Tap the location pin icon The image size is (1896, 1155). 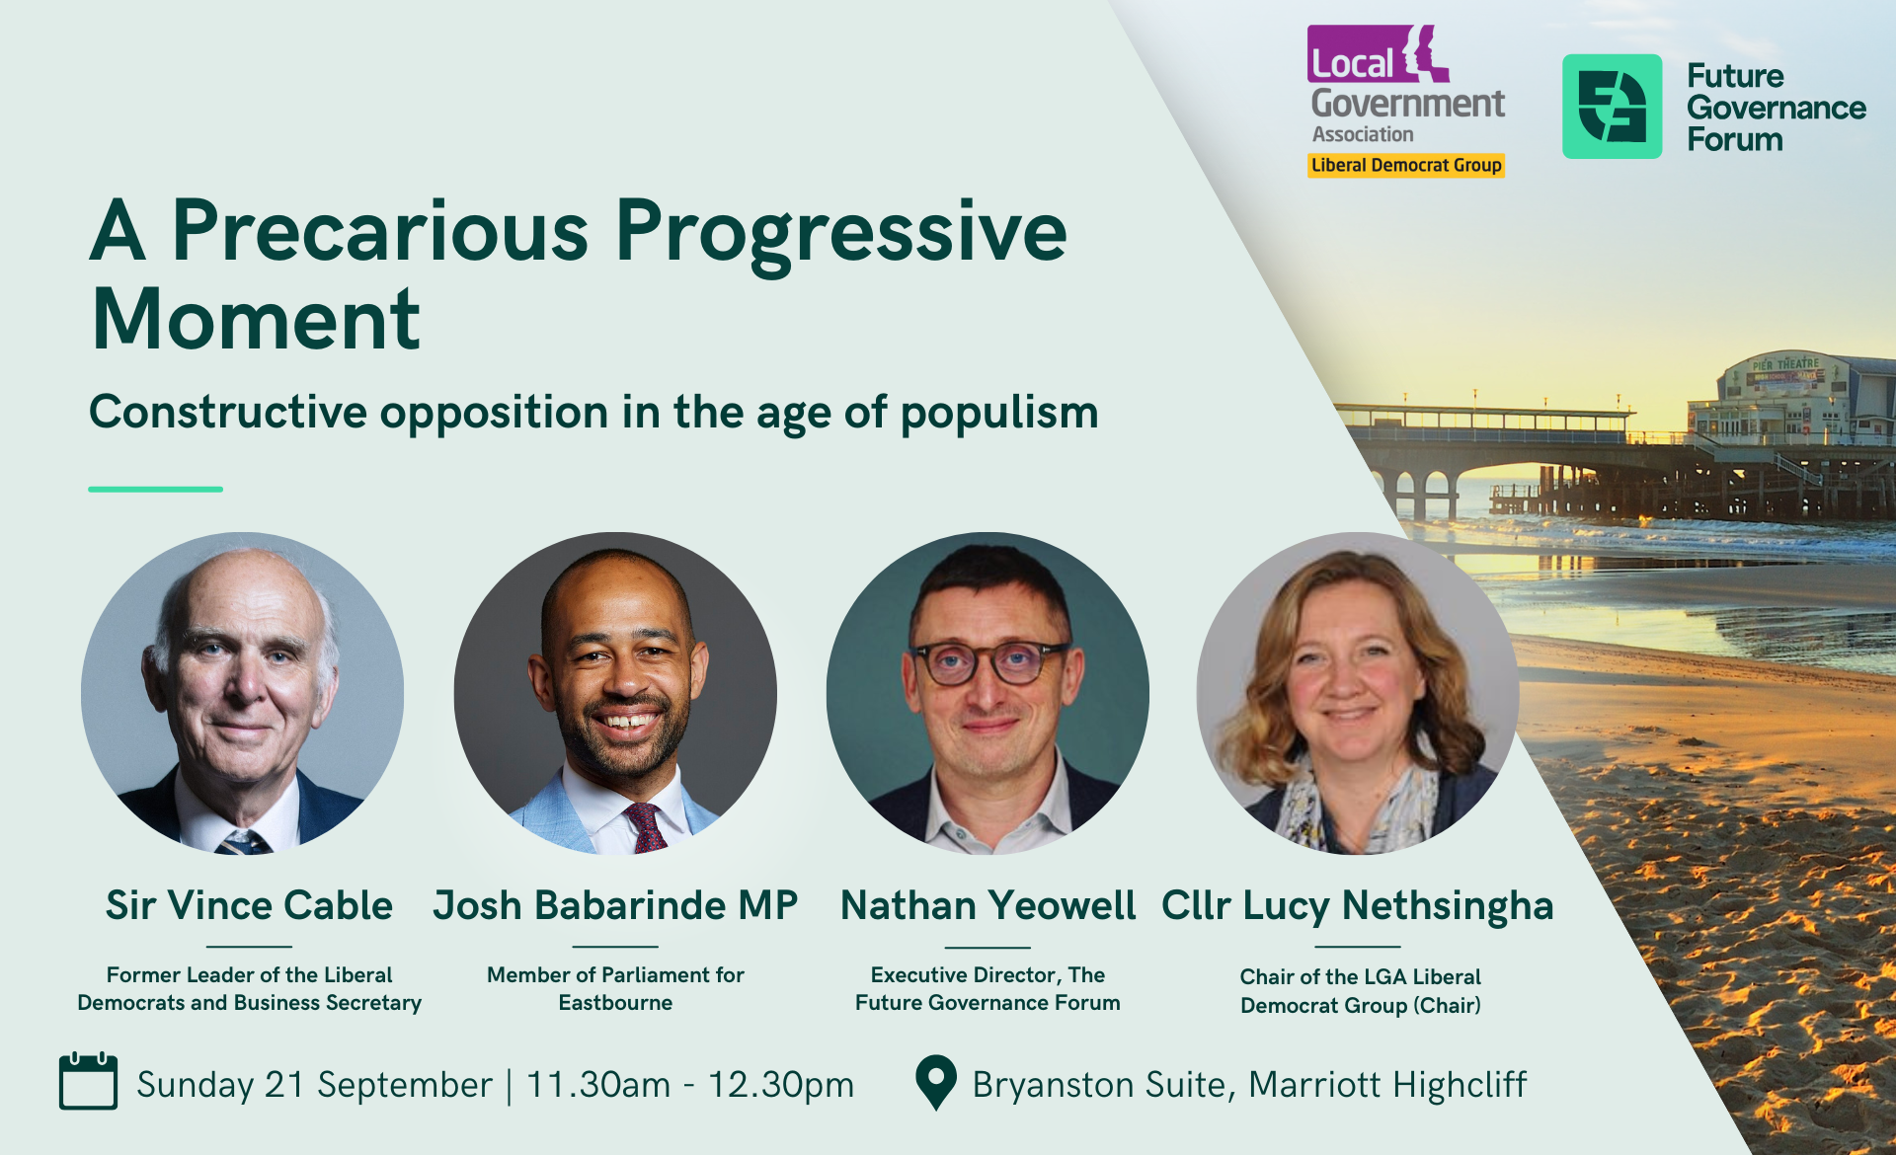(x=936, y=1083)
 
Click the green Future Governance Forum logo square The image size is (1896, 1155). (x=1612, y=107)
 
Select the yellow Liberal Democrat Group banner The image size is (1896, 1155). (x=1406, y=166)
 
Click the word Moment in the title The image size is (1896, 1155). (x=256, y=320)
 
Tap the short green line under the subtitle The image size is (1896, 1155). (x=155, y=489)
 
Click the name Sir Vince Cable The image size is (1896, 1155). (x=249, y=905)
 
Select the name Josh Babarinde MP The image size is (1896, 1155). (x=615, y=905)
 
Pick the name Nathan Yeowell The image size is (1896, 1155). (x=987, y=905)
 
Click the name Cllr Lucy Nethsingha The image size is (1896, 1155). (x=1357, y=906)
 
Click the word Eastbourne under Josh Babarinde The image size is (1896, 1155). (x=615, y=1003)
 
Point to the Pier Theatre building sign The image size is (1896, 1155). (x=1785, y=364)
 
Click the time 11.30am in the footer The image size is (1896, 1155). (x=598, y=1084)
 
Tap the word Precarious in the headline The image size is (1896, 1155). (x=380, y=231)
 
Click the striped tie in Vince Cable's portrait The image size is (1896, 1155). (x=243, y=842)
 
